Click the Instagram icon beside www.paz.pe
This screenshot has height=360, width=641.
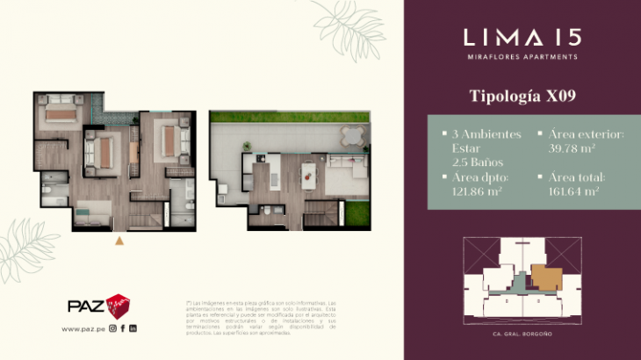coord(112,329)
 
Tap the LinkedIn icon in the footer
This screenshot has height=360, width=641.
coord(133,329)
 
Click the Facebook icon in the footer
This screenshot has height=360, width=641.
coord(123,329)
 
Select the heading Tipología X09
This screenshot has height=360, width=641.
coord(522,94)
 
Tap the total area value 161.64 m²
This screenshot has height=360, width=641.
coord(573,191)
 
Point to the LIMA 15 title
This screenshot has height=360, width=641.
coord(522,37)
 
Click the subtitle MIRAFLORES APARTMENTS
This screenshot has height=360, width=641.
coord(522,57)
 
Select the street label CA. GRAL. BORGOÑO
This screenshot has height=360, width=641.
coord(522,335)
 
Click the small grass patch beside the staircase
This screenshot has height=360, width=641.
coord(357,215)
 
